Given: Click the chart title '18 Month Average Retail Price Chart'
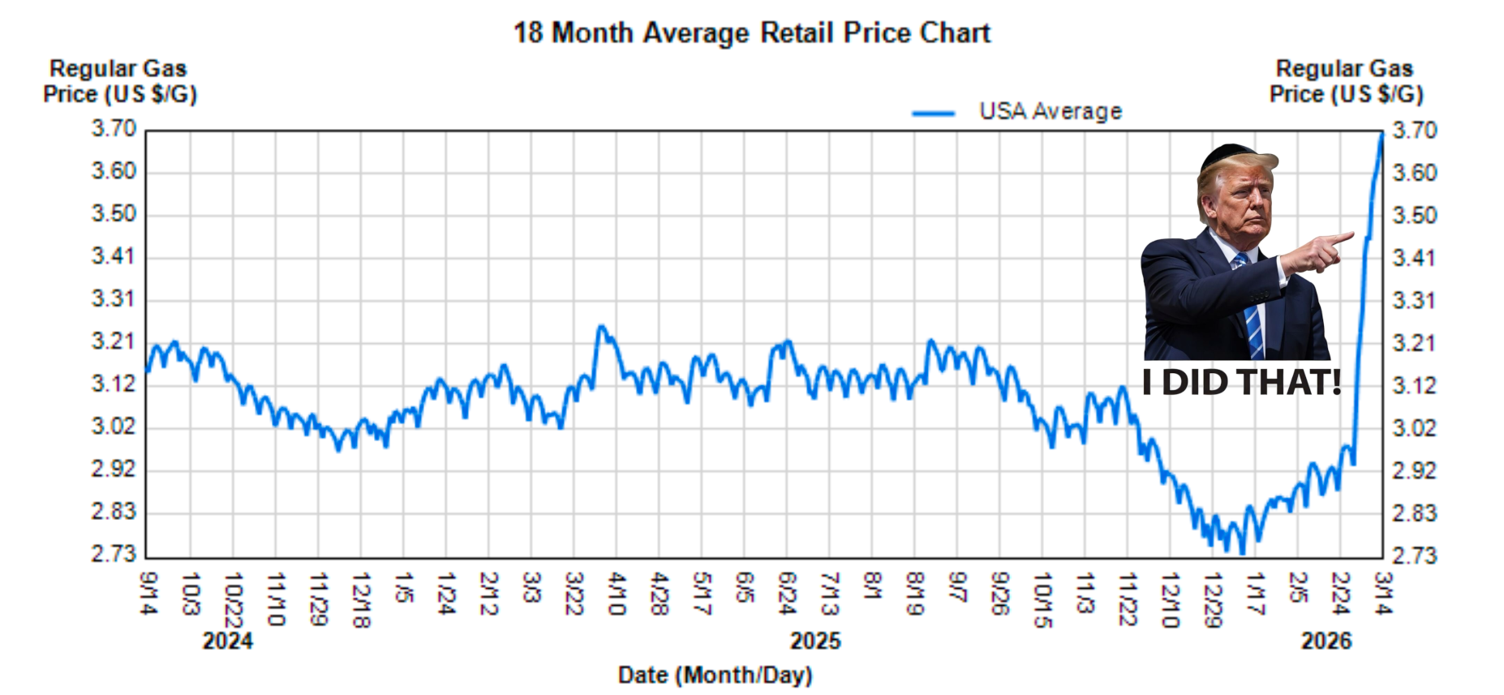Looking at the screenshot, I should pos(752,33).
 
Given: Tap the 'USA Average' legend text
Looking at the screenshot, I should pos(1051,111).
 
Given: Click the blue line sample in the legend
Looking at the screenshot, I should pos(933,113).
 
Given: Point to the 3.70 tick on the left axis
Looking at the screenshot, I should pos(114,129).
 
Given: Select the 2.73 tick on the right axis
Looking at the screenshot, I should pos(1414,556).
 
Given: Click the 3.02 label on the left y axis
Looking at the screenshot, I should pos(114,426).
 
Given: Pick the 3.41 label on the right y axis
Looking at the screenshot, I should pos(1414,258).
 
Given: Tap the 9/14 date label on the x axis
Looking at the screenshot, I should pos(148,593).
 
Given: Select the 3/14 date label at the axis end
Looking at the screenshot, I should pos(1383,593).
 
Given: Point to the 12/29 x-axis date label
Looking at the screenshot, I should pos(1212,599).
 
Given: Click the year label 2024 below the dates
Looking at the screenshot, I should pos(227,641).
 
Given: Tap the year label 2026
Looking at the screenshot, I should pos(1326,641).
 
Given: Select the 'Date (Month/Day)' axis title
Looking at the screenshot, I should pos(715,675).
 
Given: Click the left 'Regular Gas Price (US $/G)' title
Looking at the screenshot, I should pos(119,81).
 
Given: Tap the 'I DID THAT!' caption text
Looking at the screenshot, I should pos(1241,382).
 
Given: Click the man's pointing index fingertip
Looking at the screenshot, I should pos(1351,236).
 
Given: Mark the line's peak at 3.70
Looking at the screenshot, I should pos(1382,134).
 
